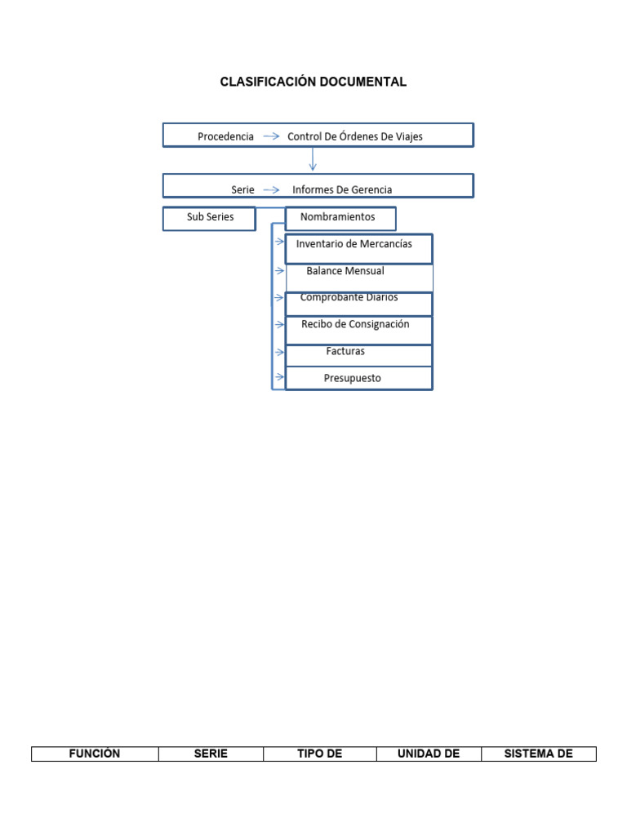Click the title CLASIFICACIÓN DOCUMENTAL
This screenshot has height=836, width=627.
click(313, 82)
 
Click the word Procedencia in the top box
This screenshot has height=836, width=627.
click(225, 136)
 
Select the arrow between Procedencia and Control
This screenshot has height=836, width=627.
click(272, 136)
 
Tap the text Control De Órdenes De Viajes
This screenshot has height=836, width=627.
click(355, 136)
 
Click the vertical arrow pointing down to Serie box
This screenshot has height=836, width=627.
click(313, 160)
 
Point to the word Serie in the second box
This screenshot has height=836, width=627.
click(242, 189)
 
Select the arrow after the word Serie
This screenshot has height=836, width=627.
click(272, 189)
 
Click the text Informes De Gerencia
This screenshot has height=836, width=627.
click(342, 189)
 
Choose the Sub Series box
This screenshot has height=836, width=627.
click(210, 218)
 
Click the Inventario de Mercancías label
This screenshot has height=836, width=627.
click(354, 244)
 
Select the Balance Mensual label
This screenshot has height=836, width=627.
click(345, 271)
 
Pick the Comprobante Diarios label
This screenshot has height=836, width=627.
click(349, 298)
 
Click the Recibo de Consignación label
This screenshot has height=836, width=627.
click(355, 324)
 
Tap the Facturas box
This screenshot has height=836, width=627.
click(345, 352)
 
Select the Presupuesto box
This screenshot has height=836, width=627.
click(352, 378)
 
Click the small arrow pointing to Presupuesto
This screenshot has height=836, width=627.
click(279, 377)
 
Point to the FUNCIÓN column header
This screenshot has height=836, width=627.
click(95, 754)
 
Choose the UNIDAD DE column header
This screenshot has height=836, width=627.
click(429, 754)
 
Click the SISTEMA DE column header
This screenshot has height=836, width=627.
click(539, 754)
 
